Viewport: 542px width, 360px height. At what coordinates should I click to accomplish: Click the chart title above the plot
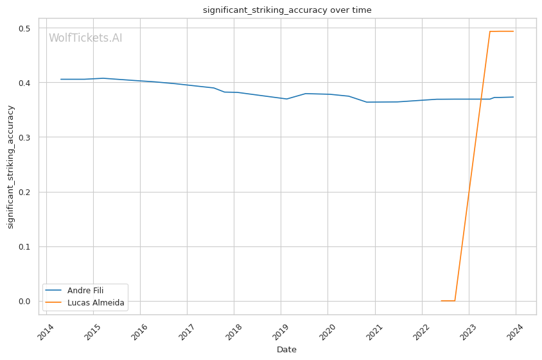(287, 10)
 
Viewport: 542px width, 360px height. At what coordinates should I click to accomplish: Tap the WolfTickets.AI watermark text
(85, 38)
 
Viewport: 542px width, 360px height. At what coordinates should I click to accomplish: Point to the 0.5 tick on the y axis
(24, 28)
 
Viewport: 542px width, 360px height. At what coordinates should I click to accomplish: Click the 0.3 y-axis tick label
(24, 137)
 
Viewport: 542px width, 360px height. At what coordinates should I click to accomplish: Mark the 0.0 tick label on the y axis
(24, 301)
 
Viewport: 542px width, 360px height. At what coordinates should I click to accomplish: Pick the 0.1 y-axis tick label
(24, 246)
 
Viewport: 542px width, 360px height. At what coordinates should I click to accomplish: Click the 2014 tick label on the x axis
(46, 332)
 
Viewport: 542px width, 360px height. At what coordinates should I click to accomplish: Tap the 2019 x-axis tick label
(280, 332)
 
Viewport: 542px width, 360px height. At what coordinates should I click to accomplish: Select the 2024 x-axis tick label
(514, 332)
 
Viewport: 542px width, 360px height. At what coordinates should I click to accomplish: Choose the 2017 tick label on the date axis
(186, 332)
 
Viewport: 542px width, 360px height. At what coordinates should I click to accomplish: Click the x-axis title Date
(286, 350)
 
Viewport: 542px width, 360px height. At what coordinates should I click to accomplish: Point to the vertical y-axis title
(10, 167)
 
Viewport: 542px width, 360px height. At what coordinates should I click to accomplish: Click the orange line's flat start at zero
(448, 301)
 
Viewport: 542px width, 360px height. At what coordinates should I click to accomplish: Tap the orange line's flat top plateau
(502, 31)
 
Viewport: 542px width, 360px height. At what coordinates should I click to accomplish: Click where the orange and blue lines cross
(481, 99)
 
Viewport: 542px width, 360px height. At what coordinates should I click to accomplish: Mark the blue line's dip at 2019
(286, 99)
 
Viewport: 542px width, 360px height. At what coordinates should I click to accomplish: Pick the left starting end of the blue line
(61, 79)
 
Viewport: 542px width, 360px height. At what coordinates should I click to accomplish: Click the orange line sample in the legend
(53, 303)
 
